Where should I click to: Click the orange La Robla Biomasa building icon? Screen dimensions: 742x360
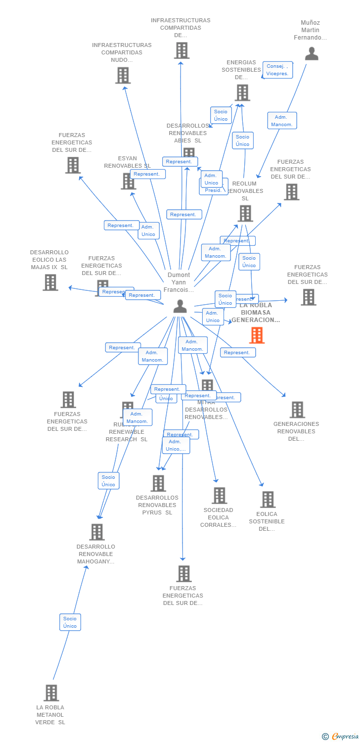click(257, 335)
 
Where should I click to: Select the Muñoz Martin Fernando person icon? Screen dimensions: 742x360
click(312, 53)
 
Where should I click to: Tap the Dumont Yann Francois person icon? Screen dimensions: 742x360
click(180, 307)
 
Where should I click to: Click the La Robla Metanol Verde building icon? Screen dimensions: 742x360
click(51, 693)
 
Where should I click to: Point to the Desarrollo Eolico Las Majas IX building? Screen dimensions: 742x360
click(50, 282)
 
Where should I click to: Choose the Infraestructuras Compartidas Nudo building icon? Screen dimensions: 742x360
click(123, 75)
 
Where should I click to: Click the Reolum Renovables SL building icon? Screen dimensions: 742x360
click(245, 214)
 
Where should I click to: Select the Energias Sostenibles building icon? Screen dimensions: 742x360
click(242, 93)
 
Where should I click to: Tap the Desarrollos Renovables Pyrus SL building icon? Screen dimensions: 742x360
click(158, 483)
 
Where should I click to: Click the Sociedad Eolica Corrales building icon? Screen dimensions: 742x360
click(219, 496)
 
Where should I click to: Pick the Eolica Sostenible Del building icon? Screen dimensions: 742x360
click(268, 500)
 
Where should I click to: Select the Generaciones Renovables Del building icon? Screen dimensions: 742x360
click(297, 410)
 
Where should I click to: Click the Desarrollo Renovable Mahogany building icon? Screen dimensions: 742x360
click(97, 532)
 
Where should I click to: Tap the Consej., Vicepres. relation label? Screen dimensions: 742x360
click(277, 70)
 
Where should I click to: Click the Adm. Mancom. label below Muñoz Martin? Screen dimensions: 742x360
click(282, 121)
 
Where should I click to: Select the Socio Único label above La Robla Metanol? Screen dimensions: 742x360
click(70, 622)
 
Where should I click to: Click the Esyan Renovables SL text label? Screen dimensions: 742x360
click(127, 166)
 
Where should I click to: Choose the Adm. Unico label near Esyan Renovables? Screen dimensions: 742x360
click(148, 231)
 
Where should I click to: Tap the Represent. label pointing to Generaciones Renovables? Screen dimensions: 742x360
click(237, 352)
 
